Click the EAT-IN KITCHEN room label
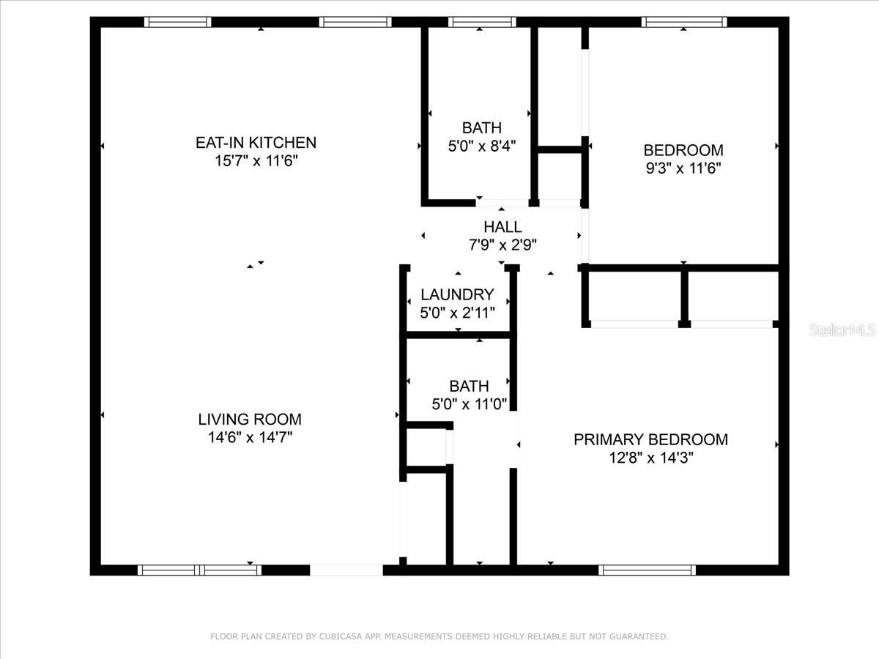coord(256,142)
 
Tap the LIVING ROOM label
coord(250,420)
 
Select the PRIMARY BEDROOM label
coord(650,439)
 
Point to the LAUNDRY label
coord(457,294)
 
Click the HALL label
coord(502,227)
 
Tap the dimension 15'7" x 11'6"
coord(256,160)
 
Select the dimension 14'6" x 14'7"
coord(250,438)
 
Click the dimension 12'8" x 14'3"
coord(650,458)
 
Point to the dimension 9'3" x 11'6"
coord(683,168)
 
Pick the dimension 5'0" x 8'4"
coord(482,146)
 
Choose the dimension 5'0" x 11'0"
coord(469,403)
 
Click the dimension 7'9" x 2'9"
coord(502,245)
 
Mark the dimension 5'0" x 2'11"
coord(458,313)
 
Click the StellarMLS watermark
coord(842,331)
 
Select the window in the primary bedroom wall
coord(647,570)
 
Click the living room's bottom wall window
coord(199,570)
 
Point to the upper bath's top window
coord(481,22)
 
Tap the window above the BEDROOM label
coord(684,22)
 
